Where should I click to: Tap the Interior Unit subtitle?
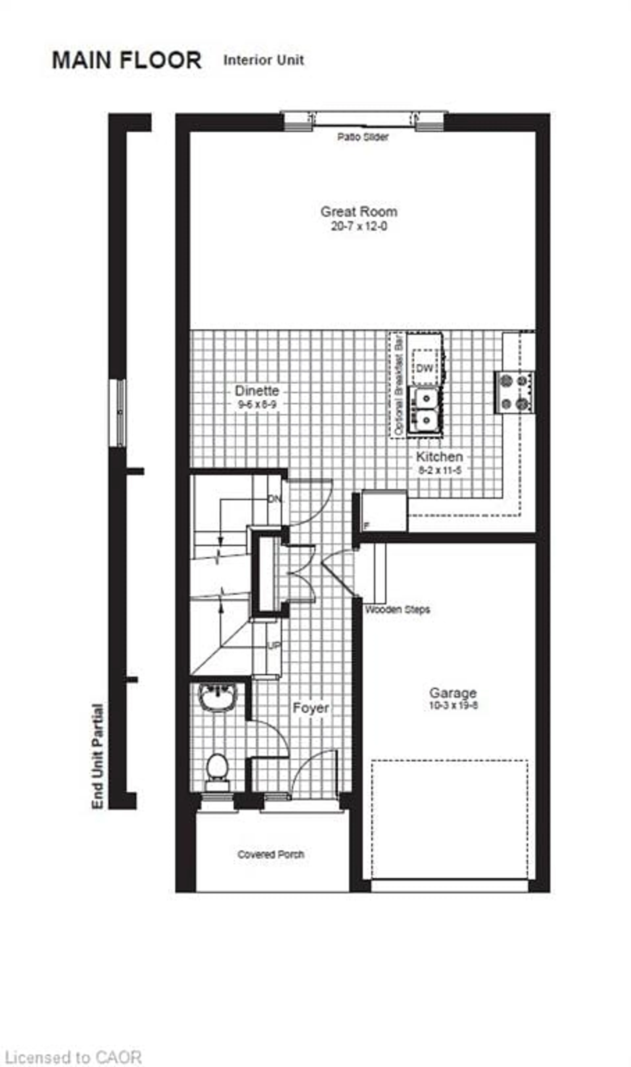[x=264, y=60]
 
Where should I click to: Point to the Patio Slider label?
[x=363, y=137]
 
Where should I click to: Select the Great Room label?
[x=359, y=212]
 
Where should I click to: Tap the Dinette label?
[x=257, y=390]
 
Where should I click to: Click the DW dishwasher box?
[x=424, y=368]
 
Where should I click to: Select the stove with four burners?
[x=514, y=392]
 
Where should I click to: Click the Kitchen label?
[x=439, y=457]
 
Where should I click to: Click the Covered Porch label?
[x=271, y=854]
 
